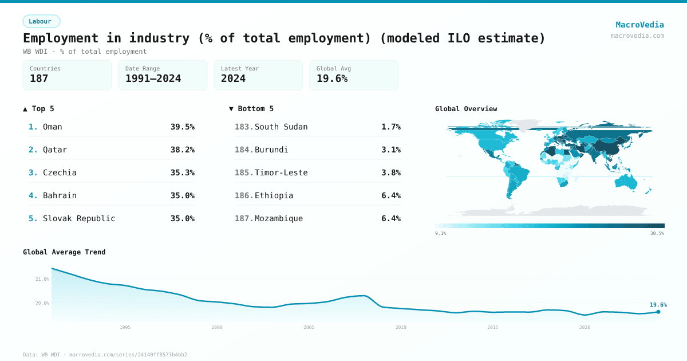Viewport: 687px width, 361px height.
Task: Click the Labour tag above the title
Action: (x=41, y=21)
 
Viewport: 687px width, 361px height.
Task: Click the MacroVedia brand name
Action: (x=639, y=25)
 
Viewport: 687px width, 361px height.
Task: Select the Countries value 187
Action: (x=39, y=79)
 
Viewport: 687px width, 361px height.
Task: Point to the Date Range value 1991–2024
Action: (x=153, y=79)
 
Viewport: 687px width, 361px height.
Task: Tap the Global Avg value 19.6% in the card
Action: (x=332, y=79)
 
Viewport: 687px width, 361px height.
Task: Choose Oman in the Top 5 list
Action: (x=53, y=127)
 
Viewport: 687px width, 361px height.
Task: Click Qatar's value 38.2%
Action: (x=182, y=150)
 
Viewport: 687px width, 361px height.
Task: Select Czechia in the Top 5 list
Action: (x=60, y=172)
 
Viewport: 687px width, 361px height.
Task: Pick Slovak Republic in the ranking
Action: (x=79, y=218)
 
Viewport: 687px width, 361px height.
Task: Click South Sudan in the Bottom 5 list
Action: (x=281, y=127)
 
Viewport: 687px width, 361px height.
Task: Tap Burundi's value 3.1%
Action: (x=391, y=150)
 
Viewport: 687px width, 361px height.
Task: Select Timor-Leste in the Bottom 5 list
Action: (x=281, y=172)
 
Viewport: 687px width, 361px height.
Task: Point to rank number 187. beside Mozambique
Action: (x=244, y=218)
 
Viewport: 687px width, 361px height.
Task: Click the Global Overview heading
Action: (x=466, y=109)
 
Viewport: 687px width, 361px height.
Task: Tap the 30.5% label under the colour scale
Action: (x=657, y=233)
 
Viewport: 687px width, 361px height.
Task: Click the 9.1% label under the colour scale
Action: (x=440, y=233)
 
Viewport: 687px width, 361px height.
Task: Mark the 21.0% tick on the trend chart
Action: (x=42, y=279)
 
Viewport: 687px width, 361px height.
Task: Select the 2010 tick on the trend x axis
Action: (x=401, y=327)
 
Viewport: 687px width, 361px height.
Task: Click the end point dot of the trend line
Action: (x=658, y=312)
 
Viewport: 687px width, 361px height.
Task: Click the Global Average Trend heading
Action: (x=64, y=252)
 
